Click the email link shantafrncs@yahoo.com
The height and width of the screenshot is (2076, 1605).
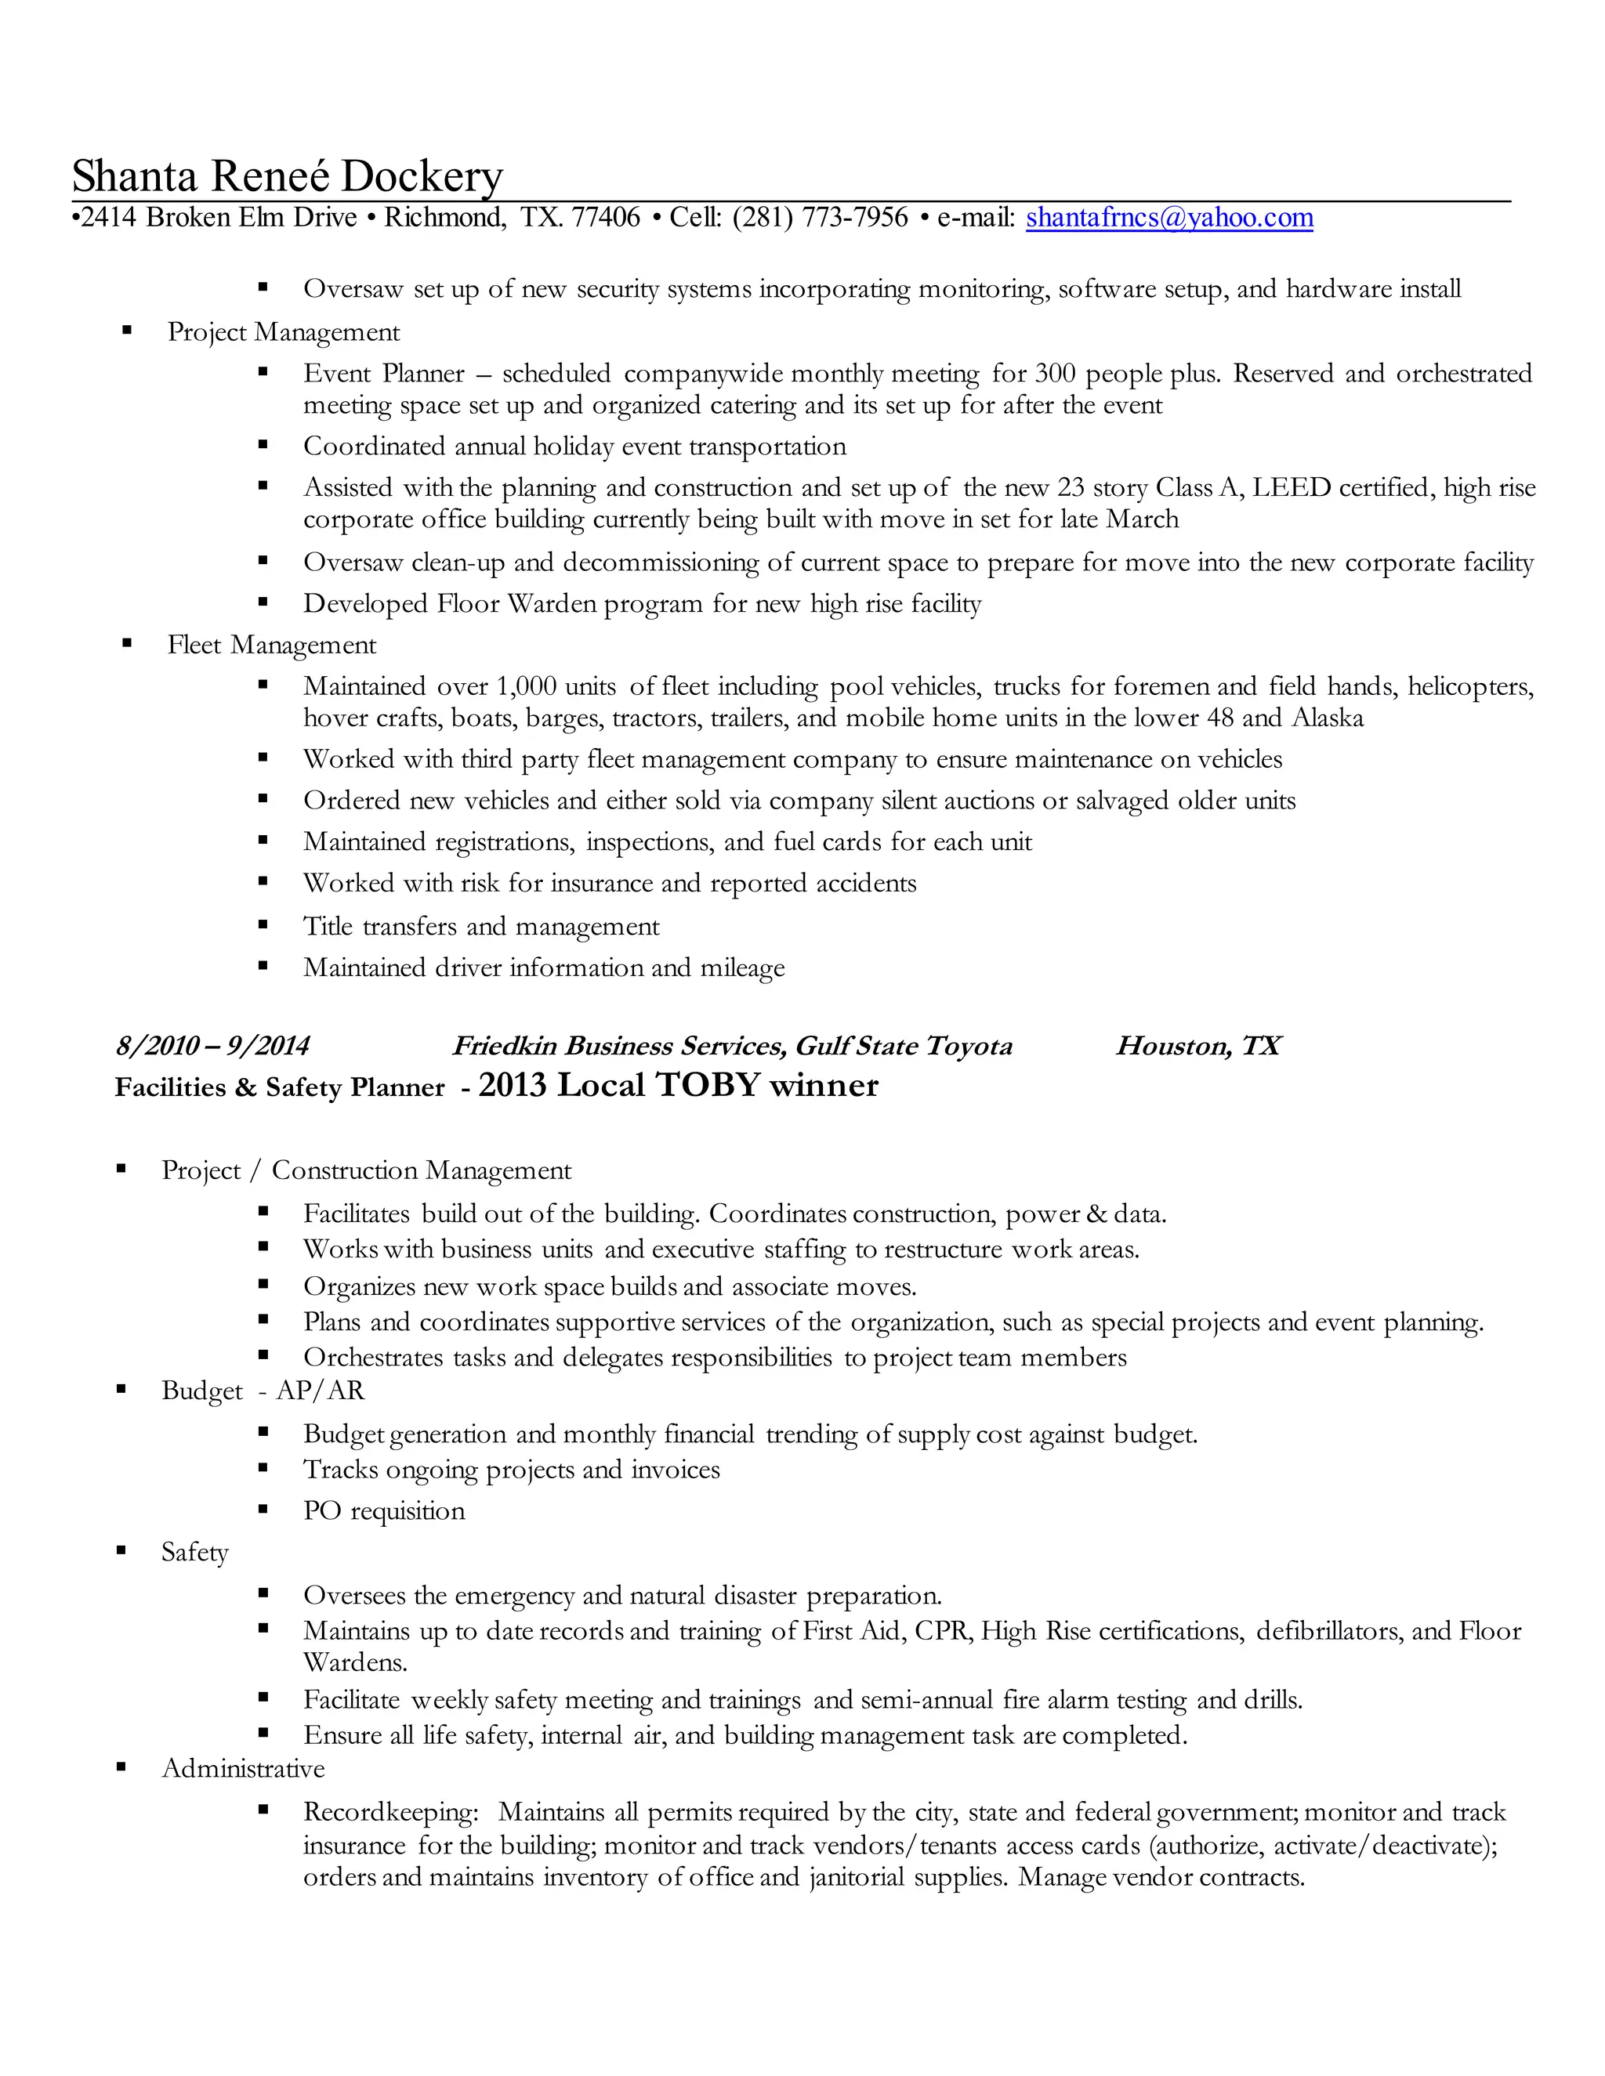(x=1168, y=218)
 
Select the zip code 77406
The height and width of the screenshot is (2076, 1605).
(x=606, y=218)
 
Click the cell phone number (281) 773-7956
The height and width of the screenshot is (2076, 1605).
(x=820, y=218)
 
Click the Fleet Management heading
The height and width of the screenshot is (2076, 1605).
(x=272, y=646)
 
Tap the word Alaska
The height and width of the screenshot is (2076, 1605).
(x=1328, y=718)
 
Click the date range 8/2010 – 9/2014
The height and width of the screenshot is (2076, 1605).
(x=212, y=1047)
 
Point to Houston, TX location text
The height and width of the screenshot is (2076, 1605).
(x=1198, y=1047)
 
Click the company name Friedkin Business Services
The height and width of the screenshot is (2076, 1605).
(x=619, y=1047)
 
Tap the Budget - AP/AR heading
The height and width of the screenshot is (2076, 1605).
(x=263, y=1391)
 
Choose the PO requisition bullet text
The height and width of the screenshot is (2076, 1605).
(x=384, y=1510)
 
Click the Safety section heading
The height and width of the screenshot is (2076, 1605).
(x=195, y=1552)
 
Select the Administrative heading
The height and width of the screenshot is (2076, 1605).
(x=244, y=1769)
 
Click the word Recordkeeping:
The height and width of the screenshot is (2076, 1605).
(x=391, y=1813)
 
